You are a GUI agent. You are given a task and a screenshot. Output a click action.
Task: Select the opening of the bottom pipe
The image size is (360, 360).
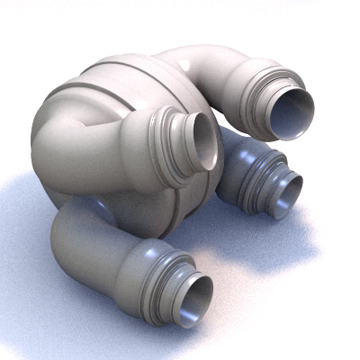click(193, 301)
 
